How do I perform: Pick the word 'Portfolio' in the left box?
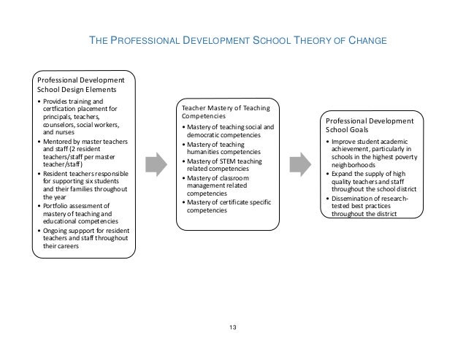pos(58,205)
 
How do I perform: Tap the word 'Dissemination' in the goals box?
pos(354,198)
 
